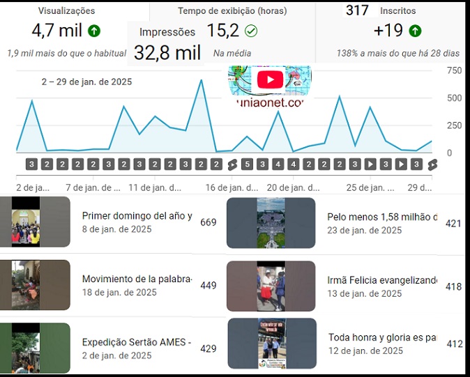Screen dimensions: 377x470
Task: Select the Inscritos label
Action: [398, 11]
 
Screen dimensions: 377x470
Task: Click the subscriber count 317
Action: [357, 10]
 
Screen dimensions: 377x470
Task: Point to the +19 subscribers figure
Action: [388, 31]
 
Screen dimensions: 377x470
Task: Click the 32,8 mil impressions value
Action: [167, 52]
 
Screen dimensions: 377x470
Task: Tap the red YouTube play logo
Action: [270, 79]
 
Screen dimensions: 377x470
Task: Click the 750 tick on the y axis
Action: [454, 70]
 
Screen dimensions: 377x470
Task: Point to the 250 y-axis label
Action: [454, 125]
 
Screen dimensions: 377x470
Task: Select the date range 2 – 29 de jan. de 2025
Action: [86, 82]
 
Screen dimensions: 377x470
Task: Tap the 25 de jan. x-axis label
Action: [370, 187]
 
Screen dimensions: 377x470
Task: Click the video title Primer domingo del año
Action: [137, 216]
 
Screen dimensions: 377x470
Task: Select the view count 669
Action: [208, 223]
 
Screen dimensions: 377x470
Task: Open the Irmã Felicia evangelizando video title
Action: [382, 280]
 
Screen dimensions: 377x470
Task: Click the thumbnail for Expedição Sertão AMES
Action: [35, 348]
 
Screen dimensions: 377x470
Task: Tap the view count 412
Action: [455, 344]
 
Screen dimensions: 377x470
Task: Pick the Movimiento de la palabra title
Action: [137, 279]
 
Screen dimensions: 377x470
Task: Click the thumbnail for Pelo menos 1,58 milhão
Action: [271, 223]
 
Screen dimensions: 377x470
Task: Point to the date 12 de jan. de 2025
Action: [365, 351]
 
